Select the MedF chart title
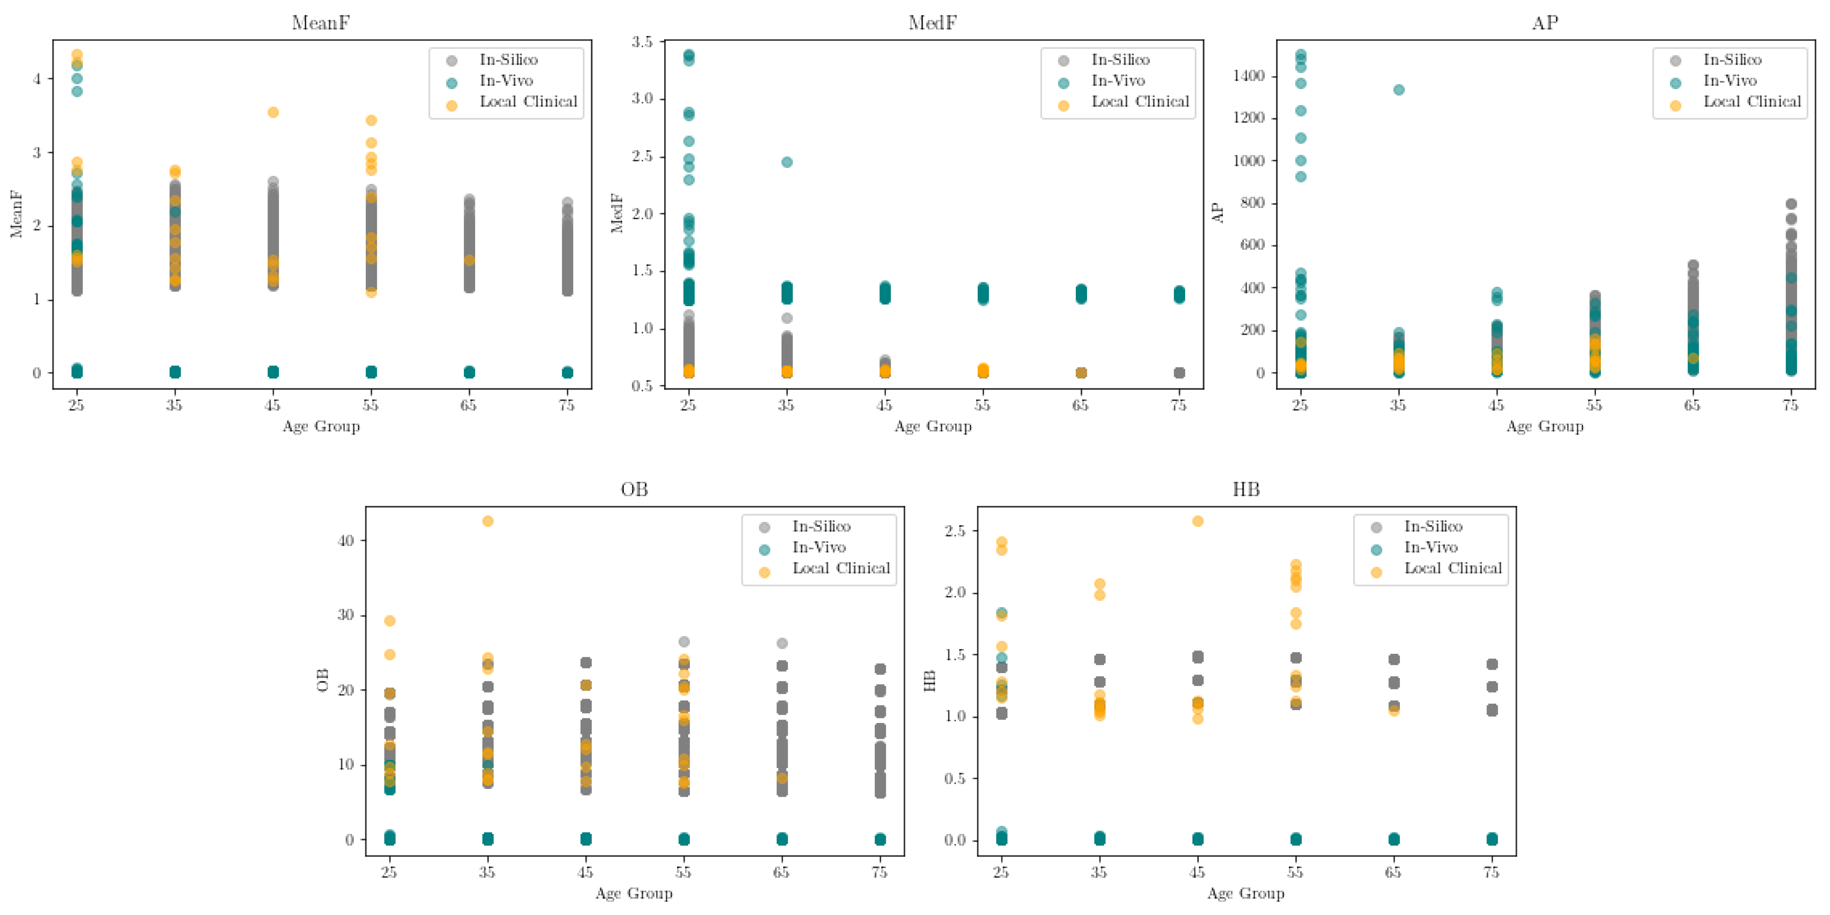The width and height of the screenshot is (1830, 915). click(x=932, y=23)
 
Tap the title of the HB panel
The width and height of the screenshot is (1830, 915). click(x=1246, y=490)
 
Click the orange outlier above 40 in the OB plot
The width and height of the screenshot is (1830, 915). click(x=488, y=521)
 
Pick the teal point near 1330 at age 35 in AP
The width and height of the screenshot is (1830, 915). click(x=1398, y=90)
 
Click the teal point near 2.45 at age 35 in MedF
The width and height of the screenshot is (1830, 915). click(x=786, y=162)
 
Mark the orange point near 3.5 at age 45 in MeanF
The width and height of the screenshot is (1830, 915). click(x=273, y=112)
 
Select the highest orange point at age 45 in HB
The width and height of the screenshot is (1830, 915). click(x=1197, y=521)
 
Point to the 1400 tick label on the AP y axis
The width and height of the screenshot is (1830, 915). click(x=1249, y=76)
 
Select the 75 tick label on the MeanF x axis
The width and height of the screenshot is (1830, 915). click(x=566, y=406)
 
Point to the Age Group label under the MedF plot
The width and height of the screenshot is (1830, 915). click(x=933, y=426)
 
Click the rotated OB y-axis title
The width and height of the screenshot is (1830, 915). click(x=322, y=680)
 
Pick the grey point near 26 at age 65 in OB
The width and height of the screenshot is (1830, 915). click(x=782, y=643)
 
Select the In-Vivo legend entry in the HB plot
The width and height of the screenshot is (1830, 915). click(x=1430, y=548)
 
